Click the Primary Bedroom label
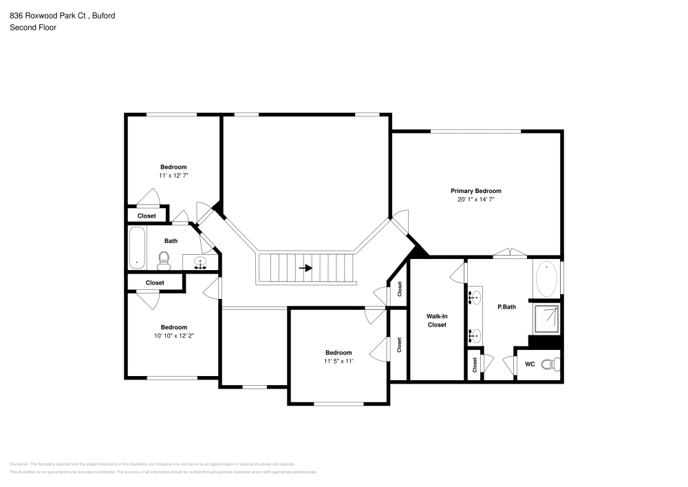tap(475, 191)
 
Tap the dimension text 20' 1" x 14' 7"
tap(475, 199)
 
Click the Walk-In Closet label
tap(437, 320)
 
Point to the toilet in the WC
tap(548, 364)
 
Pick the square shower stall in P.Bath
tap(548, 318)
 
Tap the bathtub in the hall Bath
tap(136, 249)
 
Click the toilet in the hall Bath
tap(164, 259)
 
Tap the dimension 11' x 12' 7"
tap(173, 176)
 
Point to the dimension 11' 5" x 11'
tap(338, 361)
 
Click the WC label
tap(530, 364)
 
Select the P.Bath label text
tap(506, 307)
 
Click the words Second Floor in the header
tap(33, 28)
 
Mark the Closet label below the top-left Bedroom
tap(147, 216)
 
